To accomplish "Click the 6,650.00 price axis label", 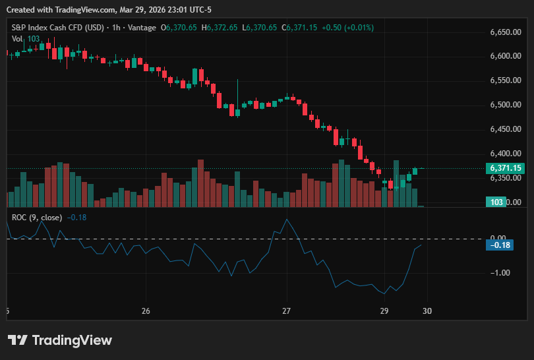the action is [x=506, y=32].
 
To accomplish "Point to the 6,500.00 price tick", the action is [x=506, y=105].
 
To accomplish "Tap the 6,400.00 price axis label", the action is [x=506, y=154].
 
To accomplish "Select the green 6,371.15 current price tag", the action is [x=505, y=168].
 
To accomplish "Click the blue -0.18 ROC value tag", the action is [x=500, y=245].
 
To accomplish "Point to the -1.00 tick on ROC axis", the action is [x=500, y=273].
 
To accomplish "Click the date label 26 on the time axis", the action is [x=146, y=311].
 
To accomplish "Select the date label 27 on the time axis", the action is [x=286, y=311].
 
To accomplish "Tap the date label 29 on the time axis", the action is [x=384, y=311].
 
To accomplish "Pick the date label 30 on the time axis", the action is [x=427, y=311].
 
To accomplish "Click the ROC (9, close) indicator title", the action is [x=37, y=218].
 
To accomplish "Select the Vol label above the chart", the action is [x=17, y=39].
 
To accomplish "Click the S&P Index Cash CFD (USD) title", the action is [x=57, y=28].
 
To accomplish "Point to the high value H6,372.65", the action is [x=220, y=28].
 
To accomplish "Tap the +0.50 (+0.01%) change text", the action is [x=347, y=28].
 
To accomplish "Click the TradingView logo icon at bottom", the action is [x=17, y=340].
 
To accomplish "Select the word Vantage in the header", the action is [x=142, y=28].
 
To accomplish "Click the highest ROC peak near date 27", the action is [x=287, y=220].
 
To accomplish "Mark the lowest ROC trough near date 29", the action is [x=384, y=293].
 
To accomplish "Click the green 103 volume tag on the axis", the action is [x=496, y=202].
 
